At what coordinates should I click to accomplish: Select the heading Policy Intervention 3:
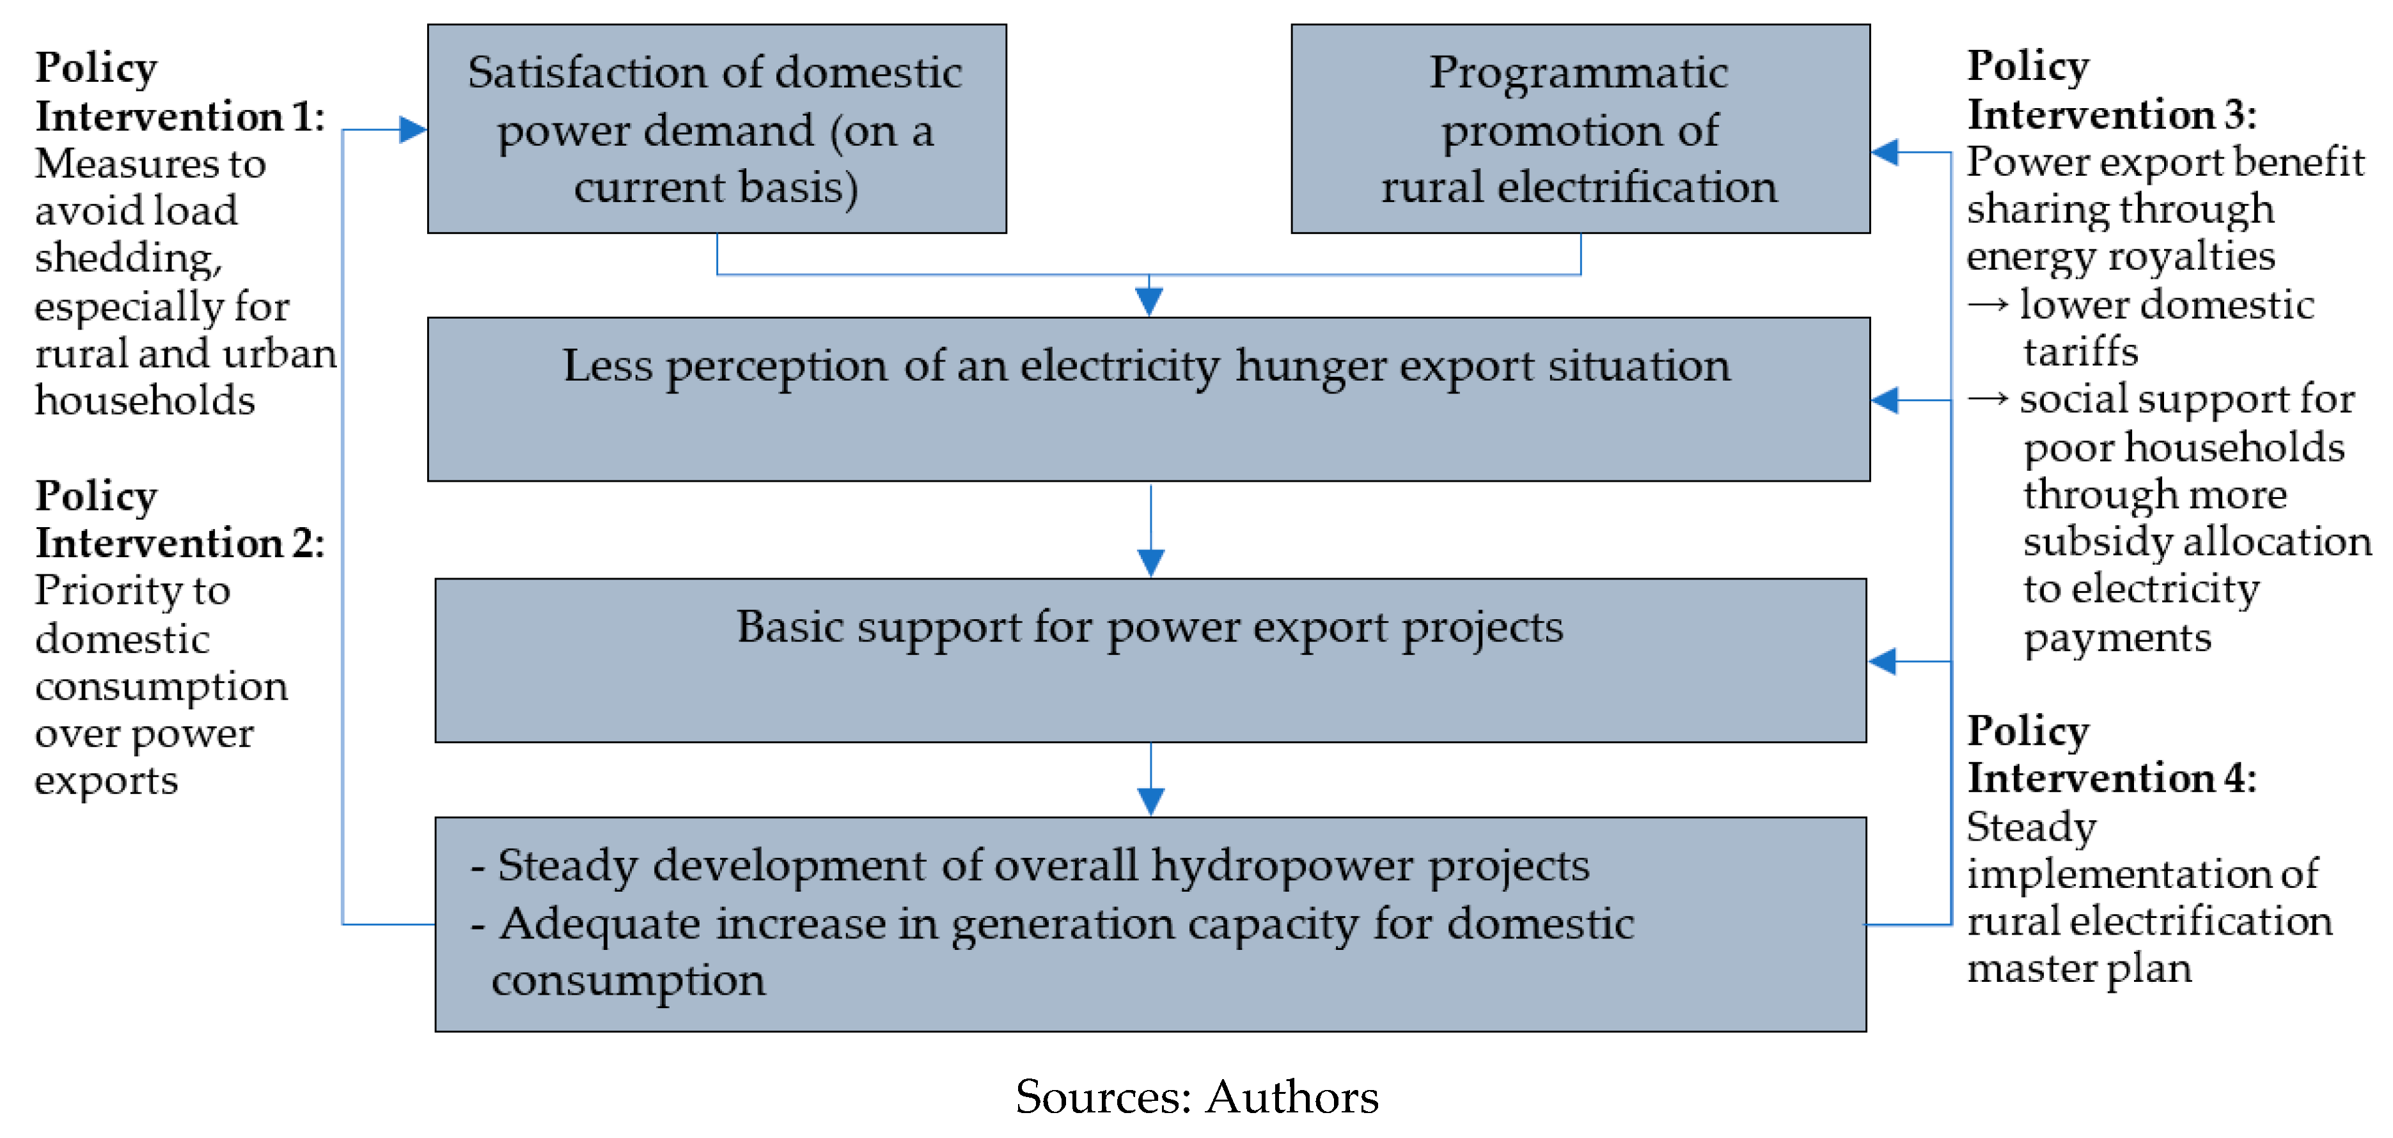tap(2110, 90)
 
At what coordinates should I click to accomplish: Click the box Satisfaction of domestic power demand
tap(716, 129)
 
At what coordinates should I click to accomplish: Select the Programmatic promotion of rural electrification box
tap(1579, 129)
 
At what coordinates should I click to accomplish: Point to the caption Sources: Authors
tap(1196, 1097)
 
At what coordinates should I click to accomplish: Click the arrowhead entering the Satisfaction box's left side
tap(412, 129)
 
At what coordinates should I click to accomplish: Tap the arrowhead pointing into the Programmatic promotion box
tap(1885, 152)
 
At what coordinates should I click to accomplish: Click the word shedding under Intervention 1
tap(128, 259)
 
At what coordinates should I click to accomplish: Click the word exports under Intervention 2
tap(106, 781)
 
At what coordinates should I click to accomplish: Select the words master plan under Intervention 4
tap(2079, 969)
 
